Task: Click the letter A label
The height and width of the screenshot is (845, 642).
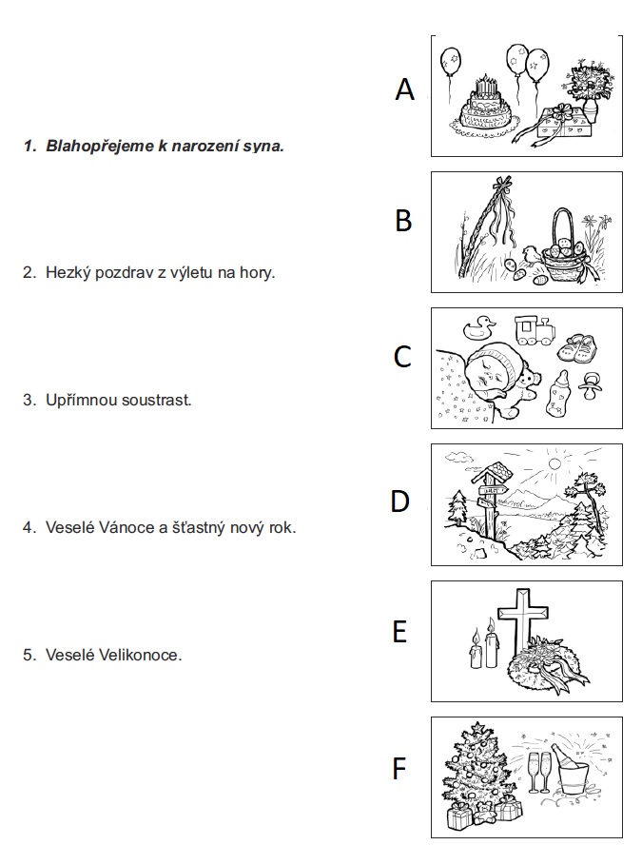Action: click(x=405, y=89)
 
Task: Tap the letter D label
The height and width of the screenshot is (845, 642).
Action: click(x=400, y=500)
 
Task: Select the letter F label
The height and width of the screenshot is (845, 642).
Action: click(x=400, y=767)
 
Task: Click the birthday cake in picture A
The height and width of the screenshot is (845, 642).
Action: click(x=485, y=109)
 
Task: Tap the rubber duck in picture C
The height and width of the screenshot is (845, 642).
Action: click(x=478, y=329)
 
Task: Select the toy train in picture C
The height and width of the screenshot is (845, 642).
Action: click(x=535, y=329)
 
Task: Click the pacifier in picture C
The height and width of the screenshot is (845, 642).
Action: click(x=593, y=388)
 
